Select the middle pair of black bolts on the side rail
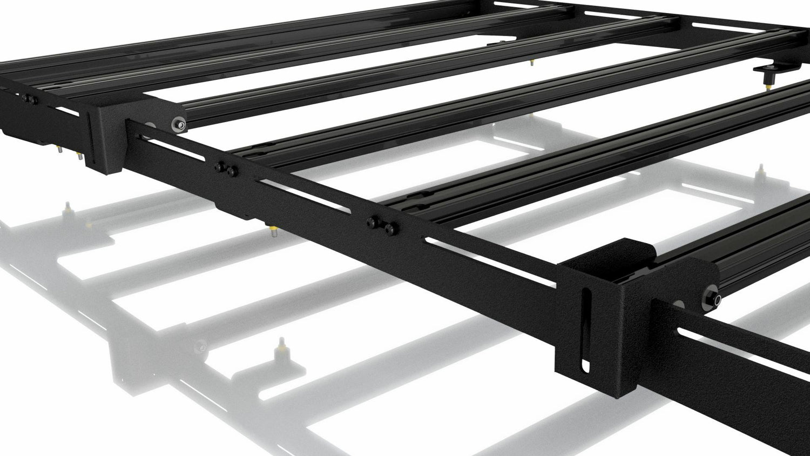(x=225, y=169)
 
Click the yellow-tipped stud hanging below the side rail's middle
(x=274, y=233)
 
